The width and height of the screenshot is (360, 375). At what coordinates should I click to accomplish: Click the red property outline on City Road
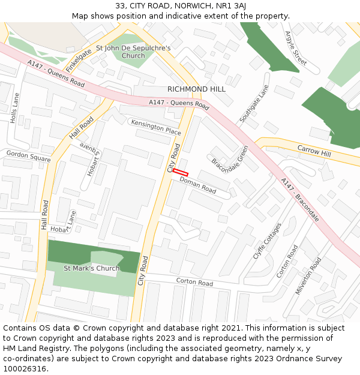(181, 173)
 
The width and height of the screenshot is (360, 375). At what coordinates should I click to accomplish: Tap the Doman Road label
(197, 185)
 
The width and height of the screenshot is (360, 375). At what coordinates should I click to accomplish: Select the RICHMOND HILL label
(196, 89)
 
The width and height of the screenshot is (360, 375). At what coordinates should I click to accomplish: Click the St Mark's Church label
(91, 268)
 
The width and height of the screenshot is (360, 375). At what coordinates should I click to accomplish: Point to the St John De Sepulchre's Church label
(133, 52)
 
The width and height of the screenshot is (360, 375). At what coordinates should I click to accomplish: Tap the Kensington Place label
(155, 127)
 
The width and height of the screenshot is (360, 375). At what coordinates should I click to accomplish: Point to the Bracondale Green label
(229, 159)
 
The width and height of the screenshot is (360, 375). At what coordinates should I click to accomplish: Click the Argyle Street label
(295, 48)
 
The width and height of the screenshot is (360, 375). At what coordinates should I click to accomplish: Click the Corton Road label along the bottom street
(194, 282)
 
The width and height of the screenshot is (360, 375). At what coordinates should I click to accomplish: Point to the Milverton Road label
(308, 275)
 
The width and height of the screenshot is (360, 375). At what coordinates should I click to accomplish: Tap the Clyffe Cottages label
(267, 241)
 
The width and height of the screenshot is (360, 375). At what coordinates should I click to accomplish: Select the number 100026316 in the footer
(25, 368)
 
